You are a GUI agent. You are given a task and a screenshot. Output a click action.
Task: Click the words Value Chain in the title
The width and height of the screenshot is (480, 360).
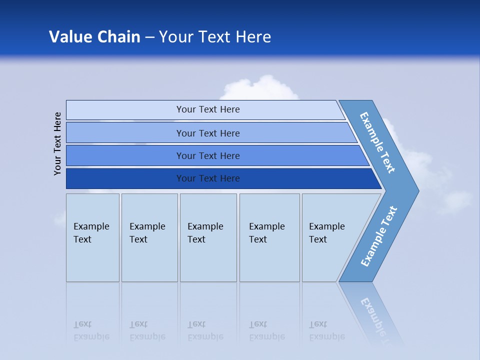coord(94,37)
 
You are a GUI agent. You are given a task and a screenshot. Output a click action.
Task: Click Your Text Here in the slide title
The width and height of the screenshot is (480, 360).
coord(215,37)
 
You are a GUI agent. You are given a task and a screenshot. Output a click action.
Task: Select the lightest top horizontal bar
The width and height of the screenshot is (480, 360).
coord(205,109)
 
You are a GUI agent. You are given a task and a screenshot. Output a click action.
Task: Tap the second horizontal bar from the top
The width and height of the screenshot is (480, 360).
coord(208,133)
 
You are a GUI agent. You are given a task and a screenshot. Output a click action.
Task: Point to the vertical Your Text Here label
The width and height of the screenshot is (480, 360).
coord(57,143)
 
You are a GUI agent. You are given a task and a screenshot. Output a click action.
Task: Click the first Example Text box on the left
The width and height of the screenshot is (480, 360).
coord(92,237)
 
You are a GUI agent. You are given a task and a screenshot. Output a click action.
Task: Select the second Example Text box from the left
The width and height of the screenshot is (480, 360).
coord(149,237)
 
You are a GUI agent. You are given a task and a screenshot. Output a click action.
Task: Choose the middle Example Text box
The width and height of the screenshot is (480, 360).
coord(208,237)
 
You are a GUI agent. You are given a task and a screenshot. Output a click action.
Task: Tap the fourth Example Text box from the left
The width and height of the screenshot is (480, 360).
coord(269,237)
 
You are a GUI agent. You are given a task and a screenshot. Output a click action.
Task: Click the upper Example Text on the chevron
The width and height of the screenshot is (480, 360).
coord(378,142)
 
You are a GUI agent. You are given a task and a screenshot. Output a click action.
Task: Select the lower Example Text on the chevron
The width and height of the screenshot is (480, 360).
coord(379,236)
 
